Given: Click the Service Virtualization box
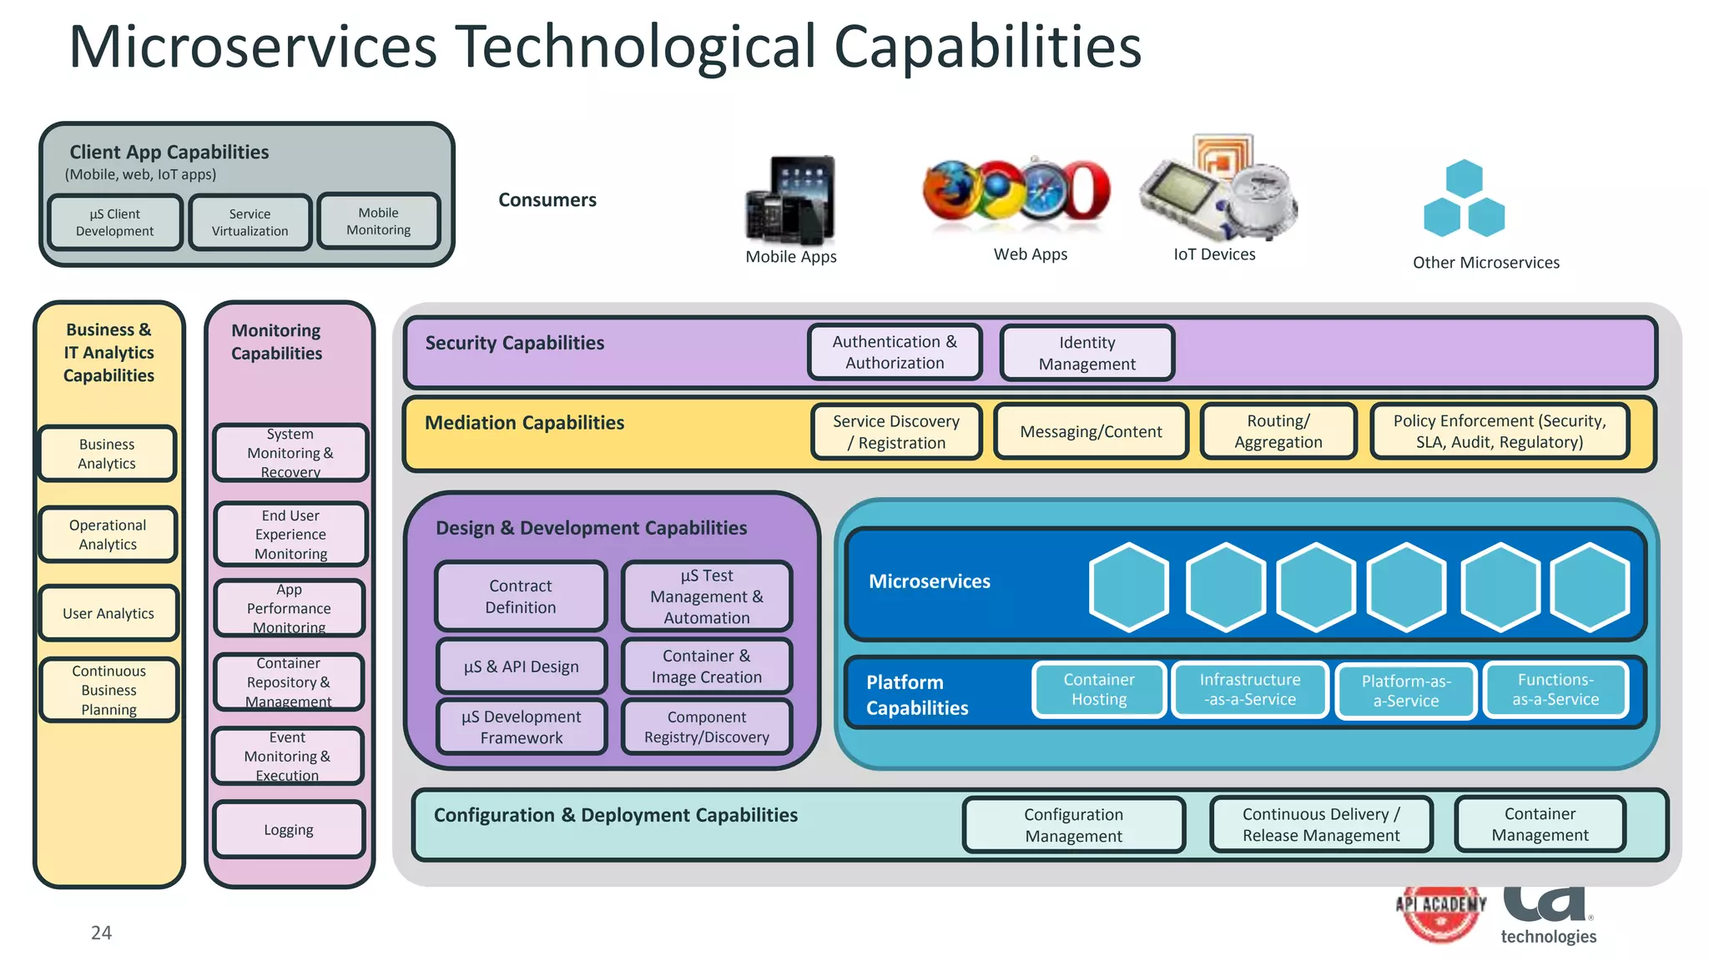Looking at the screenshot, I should coord(250,222).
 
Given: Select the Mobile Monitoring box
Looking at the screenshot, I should coord(378,221).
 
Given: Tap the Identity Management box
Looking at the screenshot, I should coord(1086,353).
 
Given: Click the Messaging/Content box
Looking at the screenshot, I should coord(1090,431).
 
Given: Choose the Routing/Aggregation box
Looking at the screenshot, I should coord(1278,431).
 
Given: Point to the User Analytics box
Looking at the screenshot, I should coord(108,613).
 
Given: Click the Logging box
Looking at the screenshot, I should coord(289,829).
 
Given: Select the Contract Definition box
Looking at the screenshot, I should coord(521,596).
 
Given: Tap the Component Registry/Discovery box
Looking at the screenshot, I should coord(706,727).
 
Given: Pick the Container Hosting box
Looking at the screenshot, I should coord(1098,690).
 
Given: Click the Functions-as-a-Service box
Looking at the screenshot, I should coord(1555,690).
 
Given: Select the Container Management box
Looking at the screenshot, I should coord(1540,824).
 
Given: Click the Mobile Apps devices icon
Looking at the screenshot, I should coord(790,200).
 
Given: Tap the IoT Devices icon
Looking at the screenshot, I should coord(1217,190).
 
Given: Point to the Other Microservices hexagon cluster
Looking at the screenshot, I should coord(1464,200).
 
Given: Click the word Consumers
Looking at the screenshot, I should coord(547,200).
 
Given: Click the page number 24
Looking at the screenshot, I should coord(101,933).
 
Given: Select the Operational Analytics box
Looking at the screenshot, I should coord(108,535).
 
